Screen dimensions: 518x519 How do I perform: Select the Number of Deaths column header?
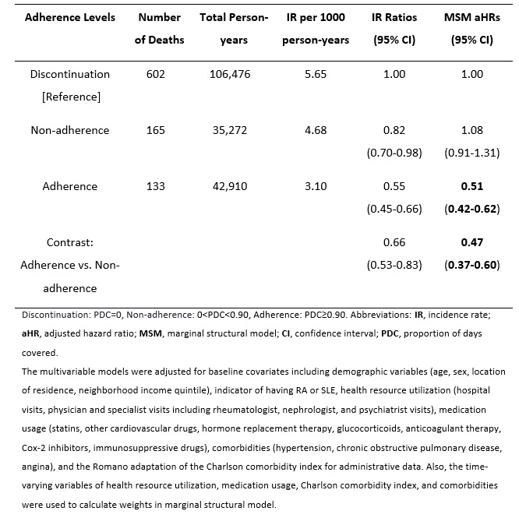pyautogui.click(x=159, y=29)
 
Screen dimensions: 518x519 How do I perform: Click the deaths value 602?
pyautogui.click(x=156, y=74)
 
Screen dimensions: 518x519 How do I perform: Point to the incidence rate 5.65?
pyautogui.click(x=316, y=74)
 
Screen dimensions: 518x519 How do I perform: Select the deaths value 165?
pyautogui.click(x=156, y=130)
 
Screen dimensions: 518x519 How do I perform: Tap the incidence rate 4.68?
pyautogui.click(x=316, y=130)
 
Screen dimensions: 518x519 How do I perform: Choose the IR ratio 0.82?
pyautogui.click(x=394, y=130)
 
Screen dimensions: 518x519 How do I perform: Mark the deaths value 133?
pyautogui.click(x=156, y=186)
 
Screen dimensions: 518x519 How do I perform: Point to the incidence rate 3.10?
pyautogui.click(x=316, y=186)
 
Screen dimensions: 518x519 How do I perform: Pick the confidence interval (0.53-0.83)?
pyautogui.click(x=394, y=265)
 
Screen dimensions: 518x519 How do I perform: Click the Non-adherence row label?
pyautogui.click(x=70, y=130)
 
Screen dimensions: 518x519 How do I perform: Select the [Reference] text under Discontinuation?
pyautogui.click(x=70, y=97)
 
